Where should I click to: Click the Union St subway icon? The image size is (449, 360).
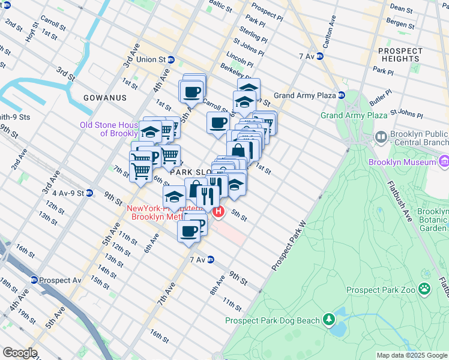[x=171, y=59]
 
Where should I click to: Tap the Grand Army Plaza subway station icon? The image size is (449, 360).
[x=342, y=95]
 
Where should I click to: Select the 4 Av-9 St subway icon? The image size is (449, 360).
[x=89, y=193]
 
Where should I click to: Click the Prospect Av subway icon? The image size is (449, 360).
[x=34, y=280]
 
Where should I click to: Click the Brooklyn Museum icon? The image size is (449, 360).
[x=444, y=162]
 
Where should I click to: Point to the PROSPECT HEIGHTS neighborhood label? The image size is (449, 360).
[x=400, y=55]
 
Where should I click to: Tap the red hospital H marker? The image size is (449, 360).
[x=218, y=211]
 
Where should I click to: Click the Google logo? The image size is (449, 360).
[x=20, y=353]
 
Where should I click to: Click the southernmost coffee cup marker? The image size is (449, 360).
[x=188, y=231]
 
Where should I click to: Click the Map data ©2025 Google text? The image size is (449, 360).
[x=411, y=355]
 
